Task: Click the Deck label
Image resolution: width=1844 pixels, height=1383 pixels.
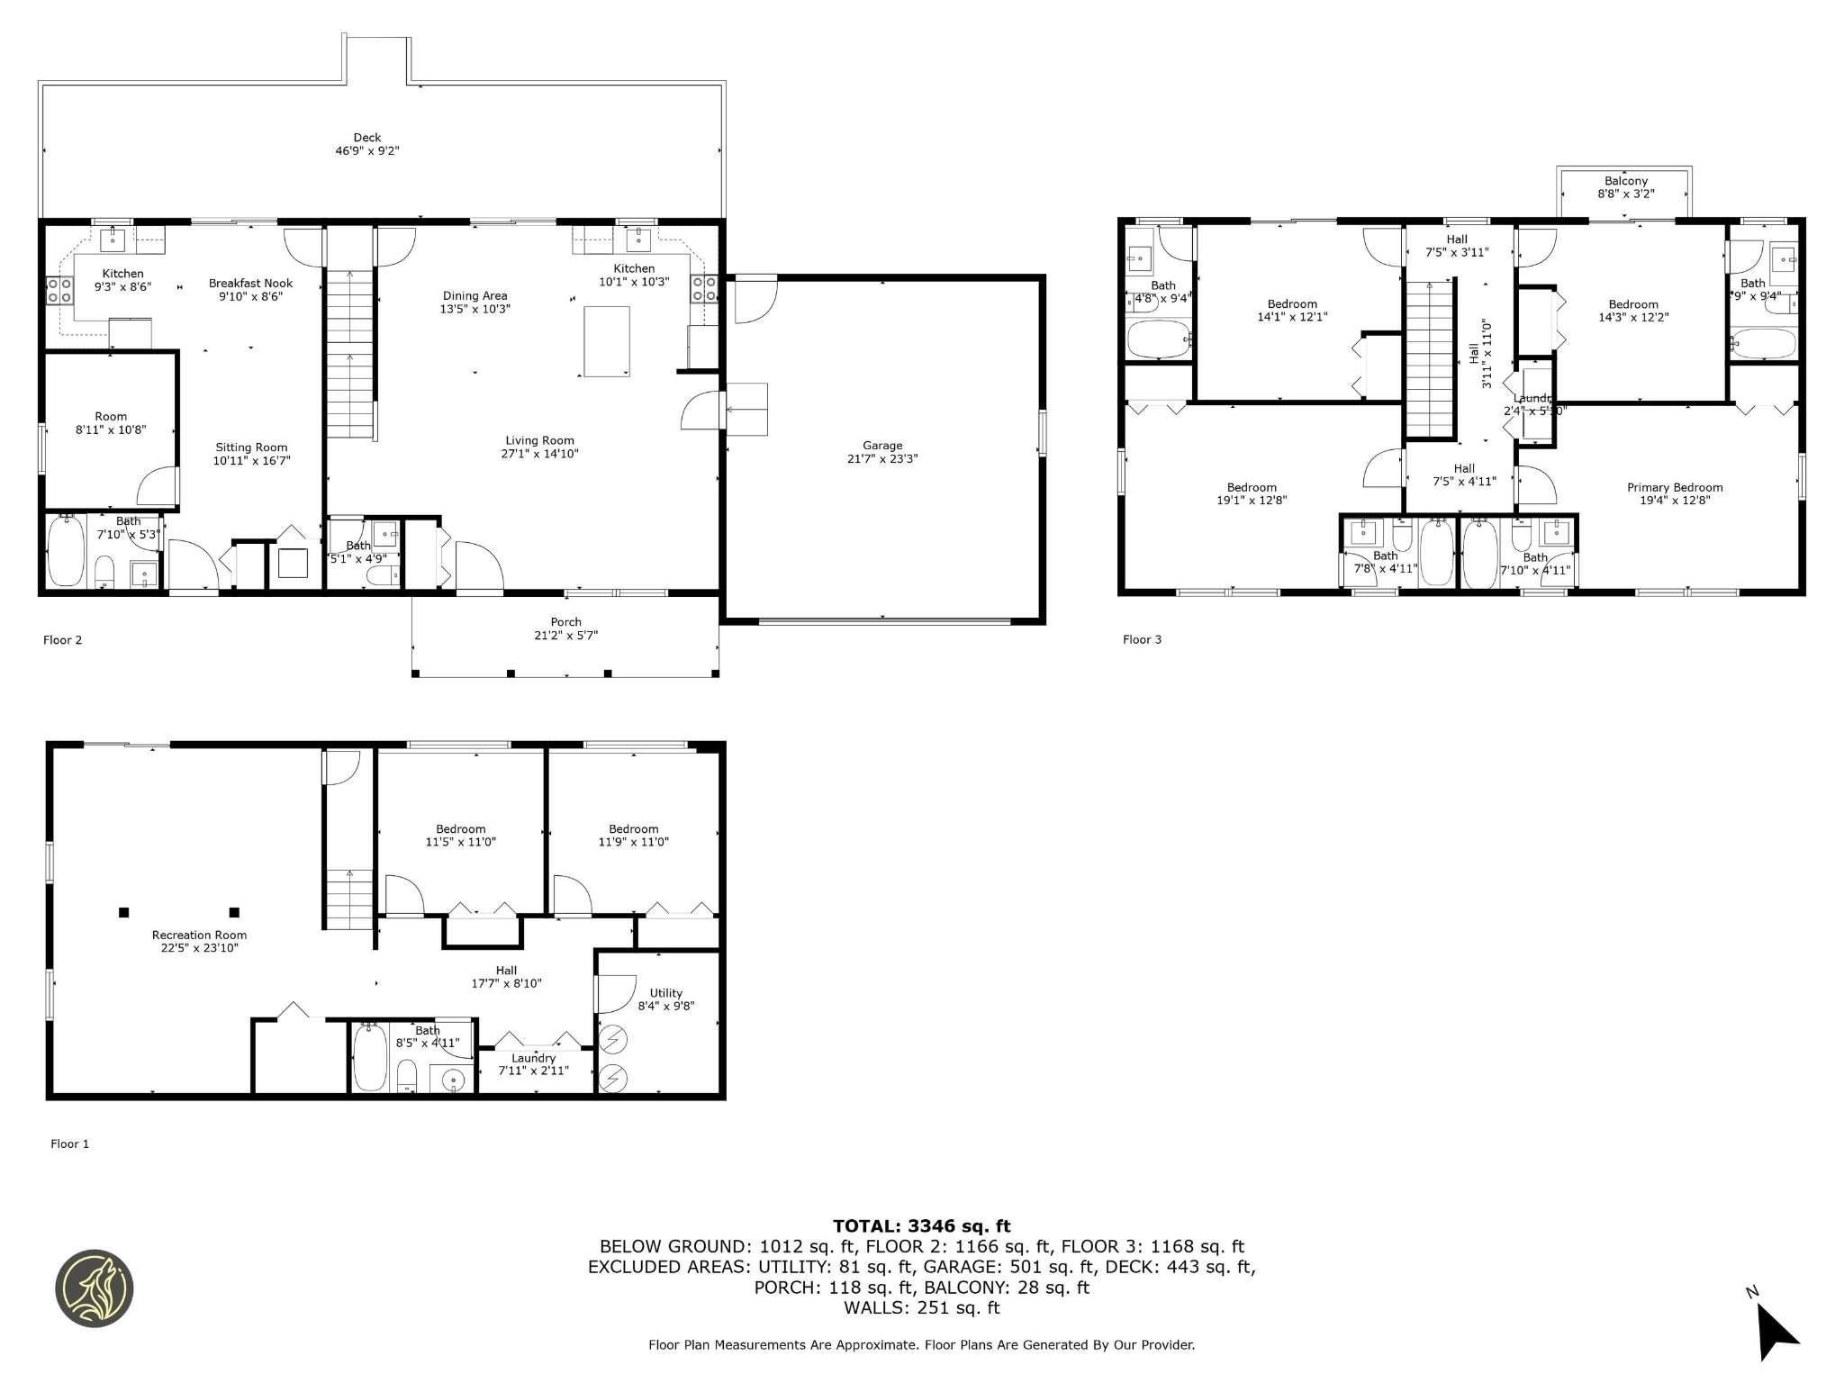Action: pyautogui.click(x=366, y=138)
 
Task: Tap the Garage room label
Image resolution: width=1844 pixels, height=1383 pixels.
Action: pyautogui.click(x=881, y=446)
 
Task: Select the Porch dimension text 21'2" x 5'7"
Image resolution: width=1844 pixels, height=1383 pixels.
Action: pyautogui.click(x=565, y=635)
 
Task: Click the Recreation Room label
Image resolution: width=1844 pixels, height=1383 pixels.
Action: pyautogui.click(x=199, y=935)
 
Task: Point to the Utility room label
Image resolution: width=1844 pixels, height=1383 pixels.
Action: pyautogui.click(x=665, y=993)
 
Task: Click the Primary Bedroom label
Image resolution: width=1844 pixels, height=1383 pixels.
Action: pyautogui.click(x=1674, y=487)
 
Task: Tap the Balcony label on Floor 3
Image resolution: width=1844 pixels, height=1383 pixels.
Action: pyautogui.click(x=1625, y=181)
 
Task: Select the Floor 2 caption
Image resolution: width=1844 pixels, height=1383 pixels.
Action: pyautogui.click(x=62, y=640)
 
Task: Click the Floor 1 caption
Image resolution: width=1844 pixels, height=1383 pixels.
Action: pyautogui.click(x=69, y=1143)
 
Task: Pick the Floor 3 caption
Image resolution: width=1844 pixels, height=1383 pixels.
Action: pyautogui.click(x=1142, y=639)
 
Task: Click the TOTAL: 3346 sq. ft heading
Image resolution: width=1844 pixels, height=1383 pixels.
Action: pyautogui.click(x=921, y=1225)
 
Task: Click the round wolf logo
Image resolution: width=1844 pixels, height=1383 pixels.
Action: pyautogui.click(x=95, y=1288)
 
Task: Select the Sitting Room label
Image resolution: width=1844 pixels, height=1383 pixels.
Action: pyautogui.click(x=251, y=447)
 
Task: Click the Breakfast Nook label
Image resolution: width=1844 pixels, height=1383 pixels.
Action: pyautogui.click(x=250, y=283)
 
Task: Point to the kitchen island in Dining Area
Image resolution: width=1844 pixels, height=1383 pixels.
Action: pyautogui.click(x=606, y=341)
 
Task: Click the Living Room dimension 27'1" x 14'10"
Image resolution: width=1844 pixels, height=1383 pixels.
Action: pyautogui.click(x=539, y=454)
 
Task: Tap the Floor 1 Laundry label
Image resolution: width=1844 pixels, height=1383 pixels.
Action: pyautogui.click(x=533, y=1058)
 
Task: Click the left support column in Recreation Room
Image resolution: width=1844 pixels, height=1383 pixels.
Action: pyautogui.click(x=123, y=911)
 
